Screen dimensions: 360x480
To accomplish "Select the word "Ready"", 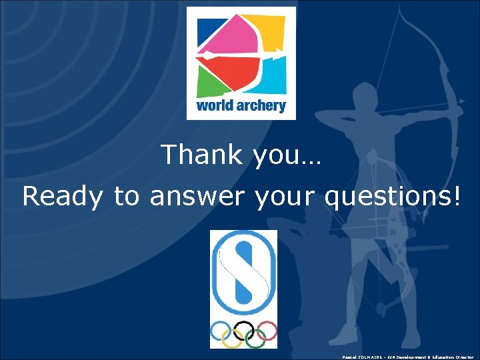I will tap(62, 197).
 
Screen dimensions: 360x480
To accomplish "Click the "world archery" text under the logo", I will tap(241, 105).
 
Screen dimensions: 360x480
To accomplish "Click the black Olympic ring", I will tap(243, 330).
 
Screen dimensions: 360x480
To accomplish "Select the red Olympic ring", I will tap(266, 330).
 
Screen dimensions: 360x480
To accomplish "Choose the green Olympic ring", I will tap(255, 339).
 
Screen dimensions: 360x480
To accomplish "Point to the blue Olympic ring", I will tap(221, 330).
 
